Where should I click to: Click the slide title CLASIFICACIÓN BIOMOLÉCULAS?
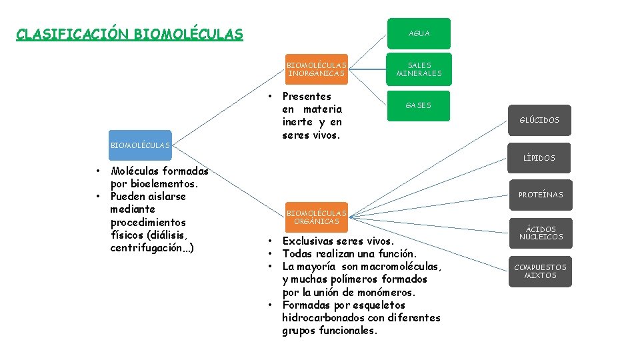click(129, 34)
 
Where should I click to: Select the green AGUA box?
click(419, 33)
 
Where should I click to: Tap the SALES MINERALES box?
click(419, 69)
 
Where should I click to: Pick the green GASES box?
click(419, 105)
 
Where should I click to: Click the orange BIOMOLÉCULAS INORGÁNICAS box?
click(317, 69)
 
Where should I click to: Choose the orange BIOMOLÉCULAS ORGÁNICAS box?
click(317, 217)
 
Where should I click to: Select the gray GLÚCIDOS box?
click(540, 121)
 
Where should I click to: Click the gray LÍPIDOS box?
click(540, 158)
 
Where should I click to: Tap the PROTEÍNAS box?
click(540, 195)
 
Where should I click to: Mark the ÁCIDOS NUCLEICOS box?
click(540, 233)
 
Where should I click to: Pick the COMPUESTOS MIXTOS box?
click(540, 271)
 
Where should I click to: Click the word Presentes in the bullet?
click(307, 96)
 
